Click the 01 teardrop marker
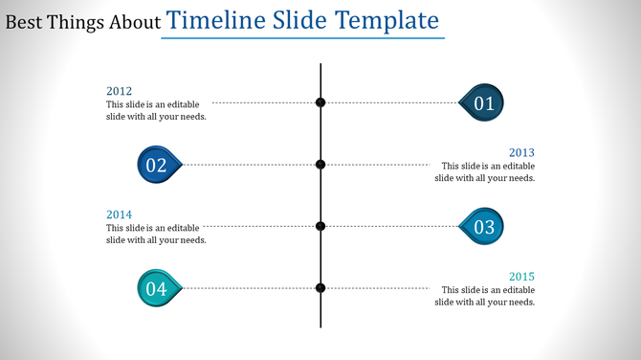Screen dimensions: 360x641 483,103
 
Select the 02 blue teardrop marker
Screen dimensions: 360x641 157,165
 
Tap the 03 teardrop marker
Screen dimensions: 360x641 483,227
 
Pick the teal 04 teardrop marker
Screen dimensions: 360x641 157,288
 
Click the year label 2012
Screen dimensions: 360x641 119,91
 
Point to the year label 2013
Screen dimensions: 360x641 521,152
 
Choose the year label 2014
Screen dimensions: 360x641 119,214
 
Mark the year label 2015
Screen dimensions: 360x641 521,277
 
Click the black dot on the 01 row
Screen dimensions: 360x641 320,102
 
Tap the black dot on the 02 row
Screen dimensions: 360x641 320,165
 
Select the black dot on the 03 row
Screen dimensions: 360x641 320,226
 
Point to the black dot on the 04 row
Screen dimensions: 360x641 320,288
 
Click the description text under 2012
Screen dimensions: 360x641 156,110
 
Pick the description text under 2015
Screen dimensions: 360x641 484,296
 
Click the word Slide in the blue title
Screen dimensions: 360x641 301,20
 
